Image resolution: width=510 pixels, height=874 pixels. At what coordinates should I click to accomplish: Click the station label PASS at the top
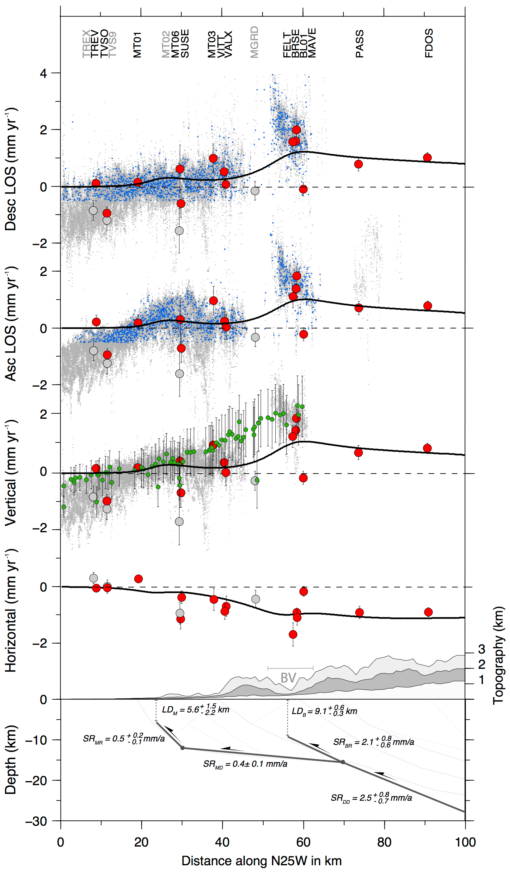pos(359,44)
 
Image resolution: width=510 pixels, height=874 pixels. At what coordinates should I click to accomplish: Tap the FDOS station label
pos(429,43)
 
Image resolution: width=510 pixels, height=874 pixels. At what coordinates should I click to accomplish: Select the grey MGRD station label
pos(254,42)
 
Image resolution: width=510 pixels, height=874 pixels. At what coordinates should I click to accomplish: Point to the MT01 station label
pos(138,45)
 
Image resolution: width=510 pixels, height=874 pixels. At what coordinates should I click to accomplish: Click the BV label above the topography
pos(288,678)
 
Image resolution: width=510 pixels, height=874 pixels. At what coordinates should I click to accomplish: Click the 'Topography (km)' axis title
pos(498,655)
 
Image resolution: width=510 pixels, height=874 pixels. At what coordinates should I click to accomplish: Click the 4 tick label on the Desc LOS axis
pos(43,74)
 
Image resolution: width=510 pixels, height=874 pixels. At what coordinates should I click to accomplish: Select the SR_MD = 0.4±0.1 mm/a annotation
pos(245,764)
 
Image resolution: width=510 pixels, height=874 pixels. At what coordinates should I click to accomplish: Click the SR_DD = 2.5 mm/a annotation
pos(371,798)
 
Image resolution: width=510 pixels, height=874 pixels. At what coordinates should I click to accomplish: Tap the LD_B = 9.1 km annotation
pos(324,711)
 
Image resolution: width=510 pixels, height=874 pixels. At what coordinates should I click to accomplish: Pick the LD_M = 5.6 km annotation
pos(195,710)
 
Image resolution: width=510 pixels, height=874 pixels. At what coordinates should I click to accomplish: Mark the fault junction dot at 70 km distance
pos(343,762)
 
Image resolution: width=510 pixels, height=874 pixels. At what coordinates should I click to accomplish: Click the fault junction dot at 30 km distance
pos(183,748)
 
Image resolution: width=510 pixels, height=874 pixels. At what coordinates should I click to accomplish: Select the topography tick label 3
pos(482,649)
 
